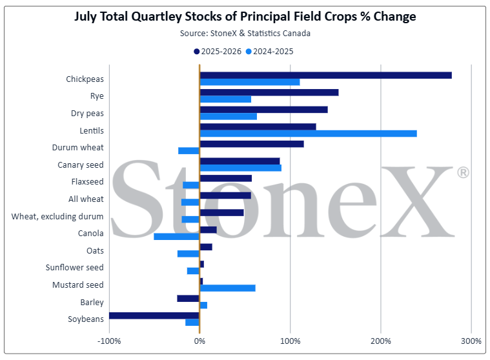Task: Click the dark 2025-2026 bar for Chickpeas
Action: (325, 75)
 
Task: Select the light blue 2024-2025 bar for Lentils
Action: (308, 134)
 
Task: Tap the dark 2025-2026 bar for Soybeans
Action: (154, 315)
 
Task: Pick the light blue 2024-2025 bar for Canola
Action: (176, 237)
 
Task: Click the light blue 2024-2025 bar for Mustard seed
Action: (227, 288)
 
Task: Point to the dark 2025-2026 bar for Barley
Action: (188, 299)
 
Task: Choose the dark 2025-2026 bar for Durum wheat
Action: (252, 144)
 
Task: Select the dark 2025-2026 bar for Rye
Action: (269, 92)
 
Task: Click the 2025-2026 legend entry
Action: (218, 52)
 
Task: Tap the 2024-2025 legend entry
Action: (269, 52)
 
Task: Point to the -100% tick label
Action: (109, 341)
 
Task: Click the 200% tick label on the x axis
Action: (381, 341)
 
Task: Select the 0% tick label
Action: (199, 341)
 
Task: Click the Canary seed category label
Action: (80, 165)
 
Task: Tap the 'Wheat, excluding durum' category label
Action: (57, 216)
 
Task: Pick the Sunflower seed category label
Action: (74, 268)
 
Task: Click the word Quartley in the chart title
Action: (156, 17)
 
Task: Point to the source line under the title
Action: (245, 34)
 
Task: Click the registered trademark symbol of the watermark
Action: (463, 172)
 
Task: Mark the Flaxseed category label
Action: (87, 182)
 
